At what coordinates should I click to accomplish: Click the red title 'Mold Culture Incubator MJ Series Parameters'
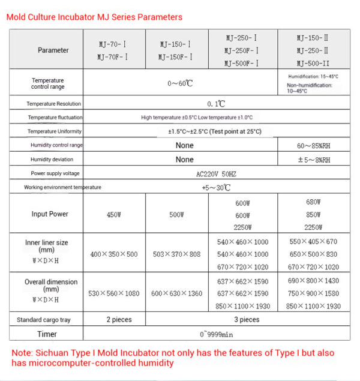[94, 17]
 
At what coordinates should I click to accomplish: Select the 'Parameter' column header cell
[53, 50]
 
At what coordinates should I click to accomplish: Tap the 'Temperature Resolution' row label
[53, 104]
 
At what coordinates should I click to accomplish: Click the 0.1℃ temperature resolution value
[215, 104]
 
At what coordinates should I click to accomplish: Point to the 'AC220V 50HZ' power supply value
[216, 173]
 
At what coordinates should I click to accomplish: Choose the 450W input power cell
[114, 214]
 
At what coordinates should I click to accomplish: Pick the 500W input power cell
[176, 214]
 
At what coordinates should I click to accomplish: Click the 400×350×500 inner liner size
[114, 254]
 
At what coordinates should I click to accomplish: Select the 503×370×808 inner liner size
[176, 254]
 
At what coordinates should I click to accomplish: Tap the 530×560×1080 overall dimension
[114, 294]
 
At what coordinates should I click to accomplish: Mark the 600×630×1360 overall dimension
[176, 294]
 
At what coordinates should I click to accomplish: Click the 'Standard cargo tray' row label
[44, 320]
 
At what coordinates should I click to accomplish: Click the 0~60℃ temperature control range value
[180, 83]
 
